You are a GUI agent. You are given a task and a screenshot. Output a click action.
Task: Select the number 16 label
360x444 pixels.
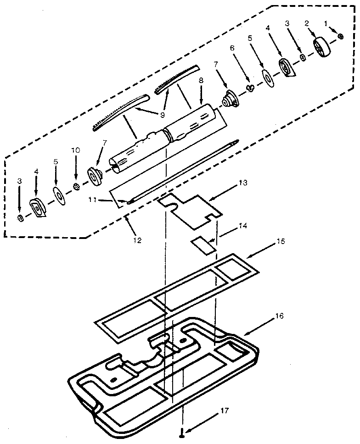pyautogui.click(x=279, y=316)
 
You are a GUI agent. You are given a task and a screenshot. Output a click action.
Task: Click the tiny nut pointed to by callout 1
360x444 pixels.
pyautogui.click(x=340, y=37)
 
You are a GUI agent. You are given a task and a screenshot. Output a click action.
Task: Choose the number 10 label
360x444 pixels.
pyautogui.click(x=75, y=150)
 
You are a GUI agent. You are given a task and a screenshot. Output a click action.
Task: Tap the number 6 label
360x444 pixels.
pyautogui.click(x=232, y=48)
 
